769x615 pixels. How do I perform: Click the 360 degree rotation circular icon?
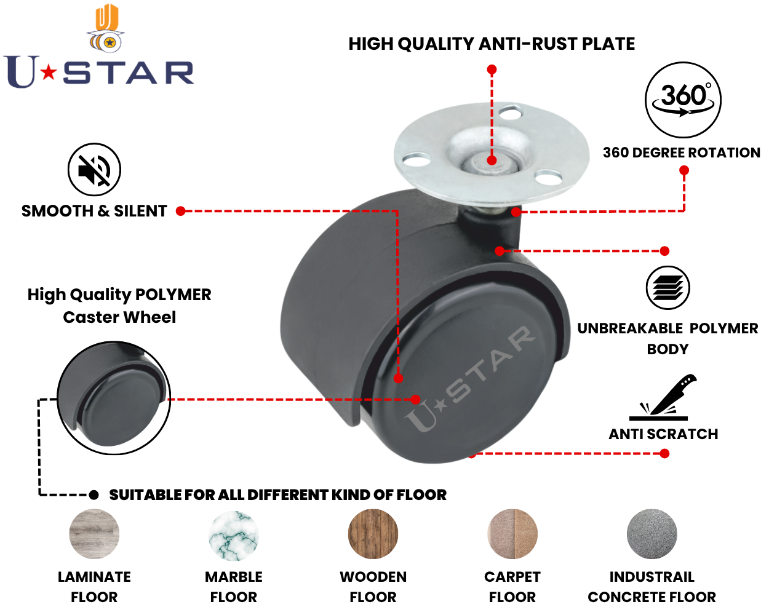[683, 100]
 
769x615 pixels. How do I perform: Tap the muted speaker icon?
[94, 169]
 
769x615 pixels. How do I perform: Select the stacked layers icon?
[667, 288]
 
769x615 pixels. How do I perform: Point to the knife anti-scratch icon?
[662, 397]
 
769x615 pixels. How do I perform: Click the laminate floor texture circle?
[94, 534]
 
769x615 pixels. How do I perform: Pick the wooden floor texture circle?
[373, 534]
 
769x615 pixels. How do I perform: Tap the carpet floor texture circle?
[512, 534]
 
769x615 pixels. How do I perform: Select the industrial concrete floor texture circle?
[651, 534]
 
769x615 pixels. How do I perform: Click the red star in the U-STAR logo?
[49, 73]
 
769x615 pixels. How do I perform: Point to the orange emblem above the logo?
[106, 28]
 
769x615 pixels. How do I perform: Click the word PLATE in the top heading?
[608, 44]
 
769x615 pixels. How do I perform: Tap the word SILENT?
[140, 211]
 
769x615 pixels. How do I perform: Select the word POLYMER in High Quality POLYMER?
[173, 295]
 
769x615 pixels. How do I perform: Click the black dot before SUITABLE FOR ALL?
[94, 495]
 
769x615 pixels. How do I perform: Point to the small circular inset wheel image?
[114, 398]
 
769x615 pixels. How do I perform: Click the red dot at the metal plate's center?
[492, 160]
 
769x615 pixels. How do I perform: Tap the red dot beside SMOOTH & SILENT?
[181, 211]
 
